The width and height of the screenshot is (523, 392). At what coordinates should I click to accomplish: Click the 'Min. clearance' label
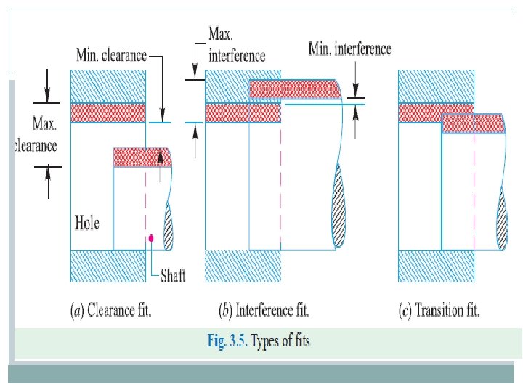pyautogui.click(x=111, y=55)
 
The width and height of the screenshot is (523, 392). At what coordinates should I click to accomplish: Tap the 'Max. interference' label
pyautogui.click(x=236, y=44)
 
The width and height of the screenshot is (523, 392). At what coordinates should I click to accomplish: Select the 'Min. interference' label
pyautogui.click(x=349, y=49)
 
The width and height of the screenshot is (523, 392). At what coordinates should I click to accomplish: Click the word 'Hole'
pyautogui.click(x=87, y=222)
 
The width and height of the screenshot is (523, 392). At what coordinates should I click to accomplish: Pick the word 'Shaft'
pyautogui.click(x=172, y=275)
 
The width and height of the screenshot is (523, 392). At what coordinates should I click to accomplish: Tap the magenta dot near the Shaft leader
pyautogui.click(x=150, y=238)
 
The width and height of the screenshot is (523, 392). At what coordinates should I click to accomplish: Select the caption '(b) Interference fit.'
pyautogui.click(x=264, y=311)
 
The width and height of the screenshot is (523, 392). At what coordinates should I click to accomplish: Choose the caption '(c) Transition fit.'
pyautogui.click(x=439, y=311)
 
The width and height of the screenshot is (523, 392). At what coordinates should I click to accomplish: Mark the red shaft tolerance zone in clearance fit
pyautogui.click(x=141, y=158)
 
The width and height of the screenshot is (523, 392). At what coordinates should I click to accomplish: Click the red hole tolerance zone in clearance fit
pyautogui.click(x=108, y=113)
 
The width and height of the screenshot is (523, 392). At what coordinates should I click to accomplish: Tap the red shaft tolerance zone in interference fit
pyautogui.click(x=295, y=89)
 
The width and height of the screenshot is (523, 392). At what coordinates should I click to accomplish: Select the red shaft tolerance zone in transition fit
pyautogui.click(x=473, y=123)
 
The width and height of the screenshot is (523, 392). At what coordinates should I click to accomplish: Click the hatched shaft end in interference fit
pyautogui.click(x=339, y=207)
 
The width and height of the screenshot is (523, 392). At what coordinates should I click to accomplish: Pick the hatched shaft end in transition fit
pyautogui.click(x=501, y=218)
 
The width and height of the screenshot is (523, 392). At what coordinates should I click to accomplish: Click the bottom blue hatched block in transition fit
pyautogui.click(x=437, y=266)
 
